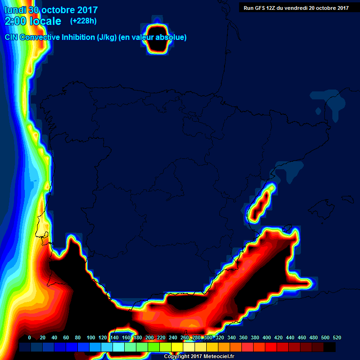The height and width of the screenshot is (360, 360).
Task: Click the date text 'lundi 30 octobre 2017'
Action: click(51, 10)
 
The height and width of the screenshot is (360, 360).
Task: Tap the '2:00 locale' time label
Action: click(33, 21)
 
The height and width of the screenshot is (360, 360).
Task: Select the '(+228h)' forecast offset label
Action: click(83, 21)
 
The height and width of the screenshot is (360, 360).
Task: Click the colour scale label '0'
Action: click(30, 337)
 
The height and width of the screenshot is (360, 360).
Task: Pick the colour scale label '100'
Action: click(91, 337)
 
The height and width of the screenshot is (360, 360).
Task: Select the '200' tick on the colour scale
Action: click(150, 337)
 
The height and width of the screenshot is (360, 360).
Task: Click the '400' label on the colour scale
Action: click(267, 337)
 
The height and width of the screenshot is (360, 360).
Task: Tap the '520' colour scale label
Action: click(337, 337)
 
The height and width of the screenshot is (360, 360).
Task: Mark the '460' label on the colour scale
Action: click(302, 337)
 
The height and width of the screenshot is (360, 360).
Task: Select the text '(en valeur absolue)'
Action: click(154, 37)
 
